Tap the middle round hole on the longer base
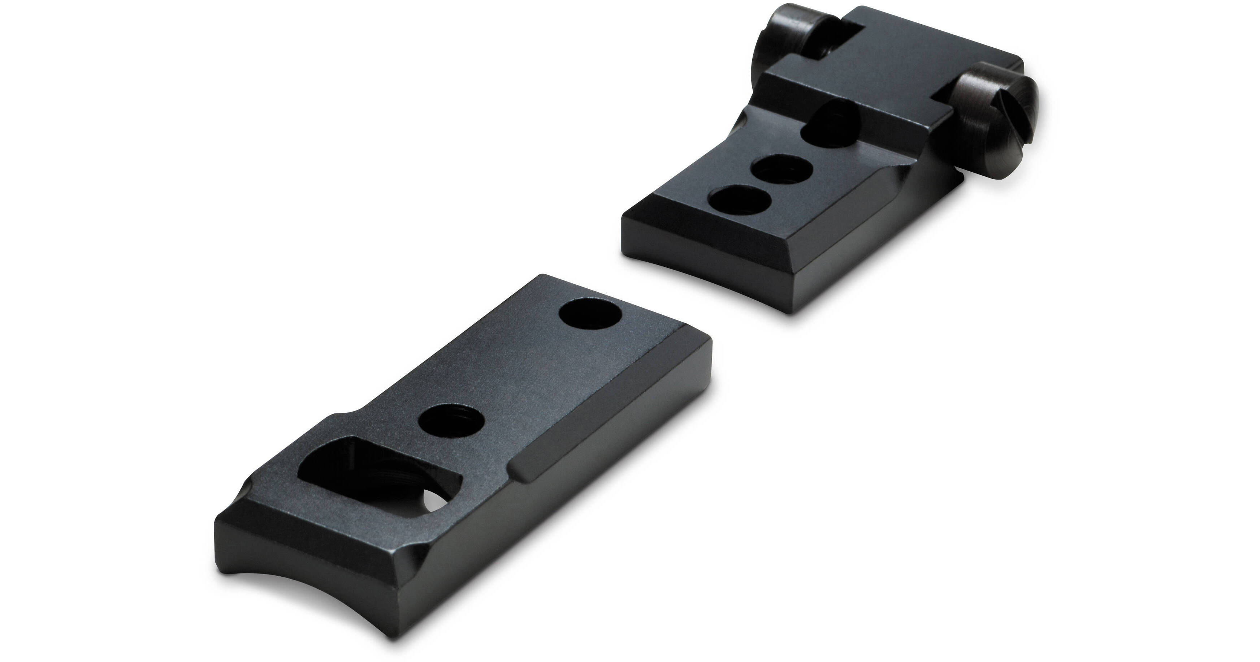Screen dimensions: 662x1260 coord(451,422)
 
